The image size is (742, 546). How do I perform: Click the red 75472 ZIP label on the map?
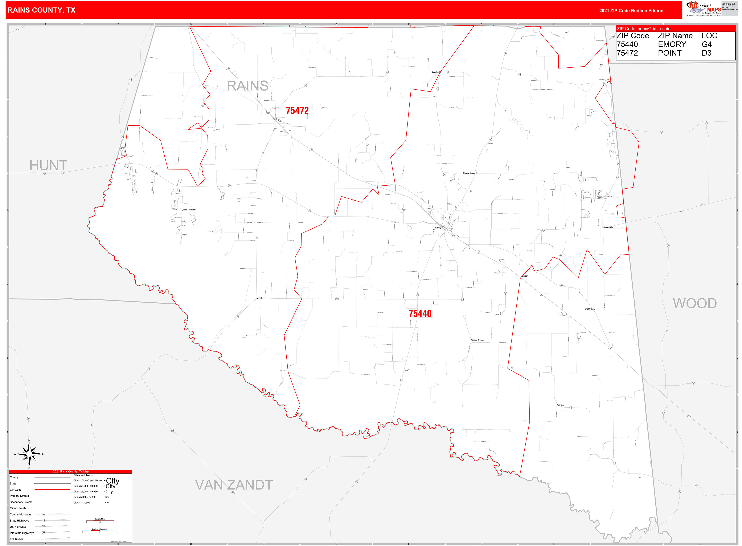click(x=297, y=111)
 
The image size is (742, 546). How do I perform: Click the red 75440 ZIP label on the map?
click(x=420, y=314)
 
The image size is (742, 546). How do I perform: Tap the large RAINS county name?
click(x=247, y=86)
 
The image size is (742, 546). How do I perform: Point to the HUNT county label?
click(x=48, y=165)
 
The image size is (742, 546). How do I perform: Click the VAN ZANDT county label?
click(x=234, y=485)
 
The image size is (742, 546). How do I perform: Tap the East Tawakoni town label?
click(x=189, y=210)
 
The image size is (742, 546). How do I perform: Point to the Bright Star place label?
click(x=589, y=309)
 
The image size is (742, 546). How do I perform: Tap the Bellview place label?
click(x=560, y=405)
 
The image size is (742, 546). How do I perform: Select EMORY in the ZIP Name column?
click(x=672, y=45)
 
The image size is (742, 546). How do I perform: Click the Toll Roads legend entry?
click(x=17, y=539)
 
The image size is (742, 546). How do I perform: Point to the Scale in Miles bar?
click(x=100, y=521)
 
